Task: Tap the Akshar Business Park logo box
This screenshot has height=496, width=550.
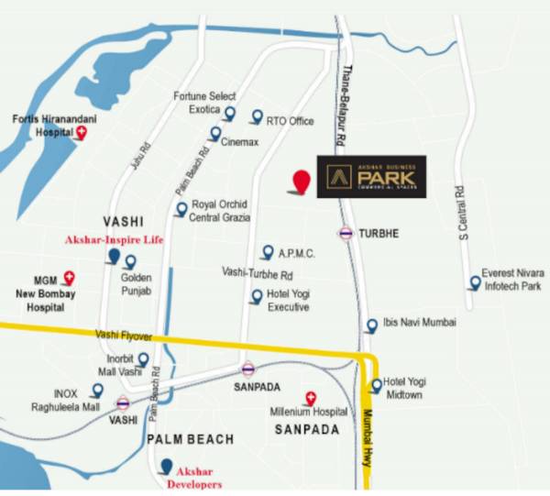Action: pos(371,176)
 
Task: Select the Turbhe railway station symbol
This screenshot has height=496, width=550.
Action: pos(346,233)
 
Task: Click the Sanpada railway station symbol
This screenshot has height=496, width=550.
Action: pos(247,369)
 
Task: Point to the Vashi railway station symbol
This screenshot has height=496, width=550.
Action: pos(122,402)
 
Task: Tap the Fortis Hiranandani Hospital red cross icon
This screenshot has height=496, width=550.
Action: pos(81,134)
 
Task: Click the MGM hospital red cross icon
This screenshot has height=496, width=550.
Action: pos(69,278)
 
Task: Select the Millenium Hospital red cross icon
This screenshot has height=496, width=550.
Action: pos(310,397)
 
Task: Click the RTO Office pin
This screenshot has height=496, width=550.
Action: pos(257,116)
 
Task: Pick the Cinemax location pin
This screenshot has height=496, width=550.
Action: pos(214,134)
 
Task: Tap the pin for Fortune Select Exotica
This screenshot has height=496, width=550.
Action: pos(229,114)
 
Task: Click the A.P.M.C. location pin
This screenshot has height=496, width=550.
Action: pos(267,251)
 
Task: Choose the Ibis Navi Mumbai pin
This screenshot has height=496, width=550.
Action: pos(371,325)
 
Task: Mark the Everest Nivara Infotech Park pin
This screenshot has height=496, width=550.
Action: pos(474,282)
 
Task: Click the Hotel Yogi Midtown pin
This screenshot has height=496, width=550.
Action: pos(375,385)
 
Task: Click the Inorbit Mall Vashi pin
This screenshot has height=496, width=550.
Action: pos(142,359)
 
